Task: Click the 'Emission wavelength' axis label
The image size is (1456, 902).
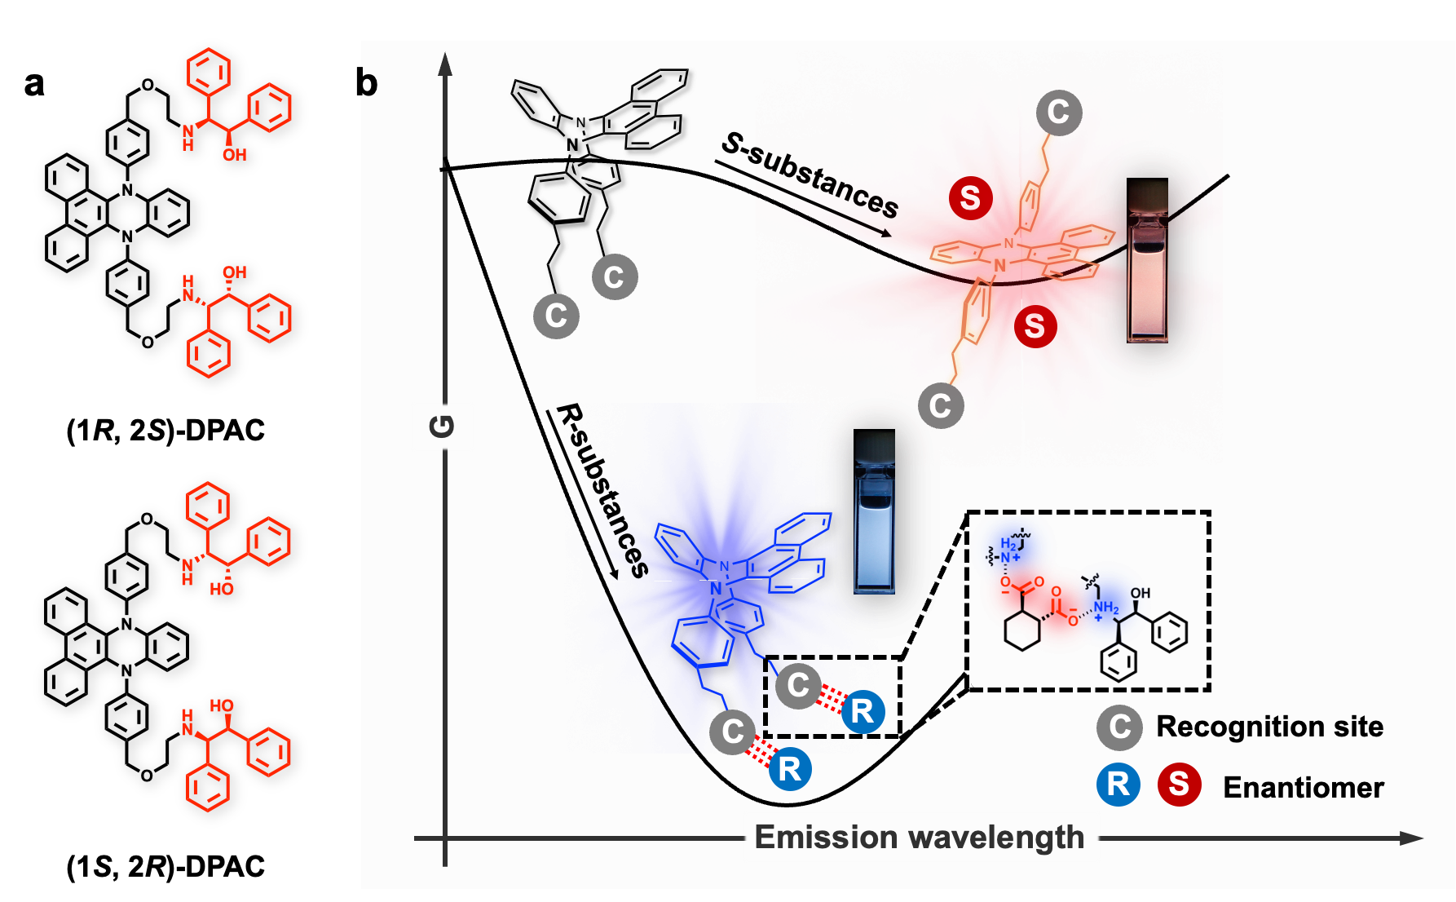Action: click(920, 838)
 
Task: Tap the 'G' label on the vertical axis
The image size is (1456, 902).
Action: click(442, 426)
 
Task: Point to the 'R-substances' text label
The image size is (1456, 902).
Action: click(602, 489)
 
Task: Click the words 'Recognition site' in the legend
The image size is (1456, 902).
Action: click(1269, 726)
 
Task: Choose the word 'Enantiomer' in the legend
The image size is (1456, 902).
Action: click(1304, 787)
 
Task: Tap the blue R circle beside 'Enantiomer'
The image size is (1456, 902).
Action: click(1118, 785)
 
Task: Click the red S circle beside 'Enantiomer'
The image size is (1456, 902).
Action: click(1179, 785)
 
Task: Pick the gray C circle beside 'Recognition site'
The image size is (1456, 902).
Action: click(1119, 727)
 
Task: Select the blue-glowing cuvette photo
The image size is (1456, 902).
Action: click(874, 511)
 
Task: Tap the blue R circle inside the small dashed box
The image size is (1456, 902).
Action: click(863, 711)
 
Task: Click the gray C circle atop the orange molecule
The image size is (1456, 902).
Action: click(1058, 113)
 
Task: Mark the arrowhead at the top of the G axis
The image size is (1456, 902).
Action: click(445, 64)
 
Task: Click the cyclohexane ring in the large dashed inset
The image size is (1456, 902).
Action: click(1022, 630)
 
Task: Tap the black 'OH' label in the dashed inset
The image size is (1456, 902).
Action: click(1141, 593)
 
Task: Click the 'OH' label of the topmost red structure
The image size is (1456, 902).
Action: click(234, 155)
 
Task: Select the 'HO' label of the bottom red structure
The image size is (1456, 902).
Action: click(221, 705)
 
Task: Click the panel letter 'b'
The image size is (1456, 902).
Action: click(369, 83)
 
